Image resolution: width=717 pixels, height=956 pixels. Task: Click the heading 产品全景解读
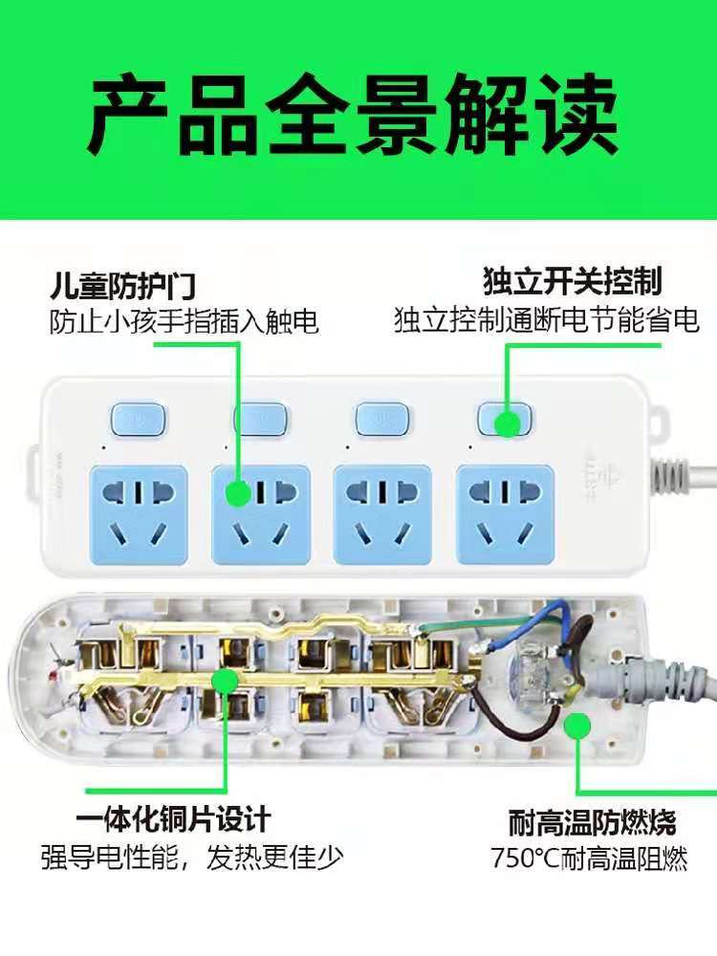coord(353,116)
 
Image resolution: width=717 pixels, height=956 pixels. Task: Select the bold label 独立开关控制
coord(572,281)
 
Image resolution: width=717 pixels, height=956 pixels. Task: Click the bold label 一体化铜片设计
coord(173,819)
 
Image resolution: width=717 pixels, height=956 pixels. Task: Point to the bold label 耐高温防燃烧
coord(593,822)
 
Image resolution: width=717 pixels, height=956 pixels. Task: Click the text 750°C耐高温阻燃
coord(589,858)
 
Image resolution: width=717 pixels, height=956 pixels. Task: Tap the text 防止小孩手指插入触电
coord(185,322)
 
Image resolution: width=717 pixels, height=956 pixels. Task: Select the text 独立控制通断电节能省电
coord(546,319)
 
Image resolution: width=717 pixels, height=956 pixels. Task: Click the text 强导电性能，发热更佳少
coord(192,858)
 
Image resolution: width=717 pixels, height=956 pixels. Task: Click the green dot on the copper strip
coord(226,683)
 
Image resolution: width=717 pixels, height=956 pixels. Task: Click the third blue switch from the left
coord(381,419)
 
